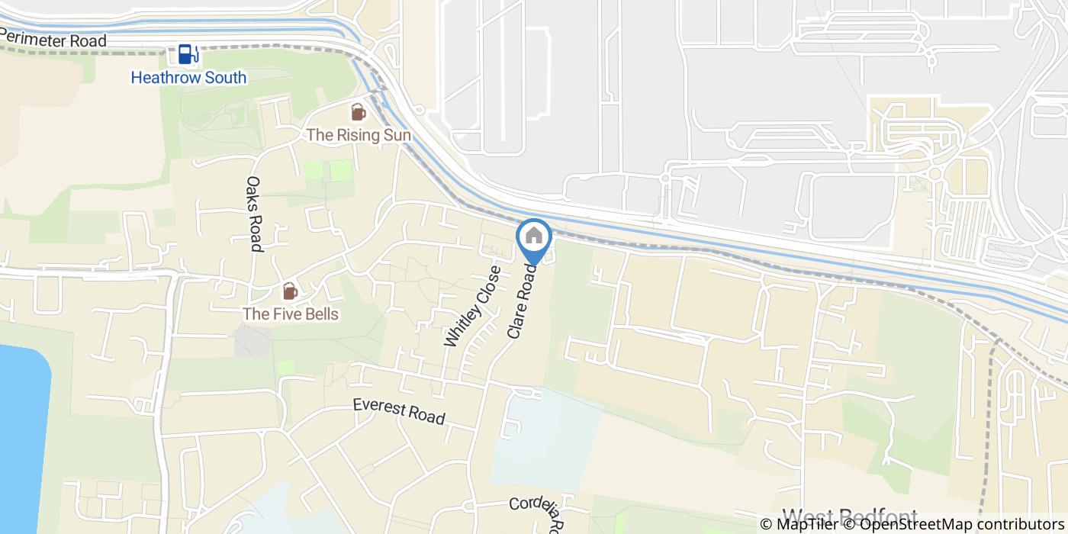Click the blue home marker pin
pyautogui.click(x=534, y=238)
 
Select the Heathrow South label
pyautogui.click(x=188, y=78)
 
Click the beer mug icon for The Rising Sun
pyautogui.click(x=358, y=113)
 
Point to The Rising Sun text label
pyautogui.click(x=359, y=135)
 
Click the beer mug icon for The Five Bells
pyautogui.click(x=290, y=291)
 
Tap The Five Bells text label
pyautogui.click(x=290, y=314)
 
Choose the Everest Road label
pyautogui.click(x=399, y=412)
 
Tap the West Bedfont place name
pyautogui.click(x=850, y=517)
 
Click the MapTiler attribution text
pyautogui.click(x=799, y=524)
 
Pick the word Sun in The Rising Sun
pyautogui.click(x=397, y=135)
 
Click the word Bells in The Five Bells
pyautogui.click(x=320, y=314)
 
